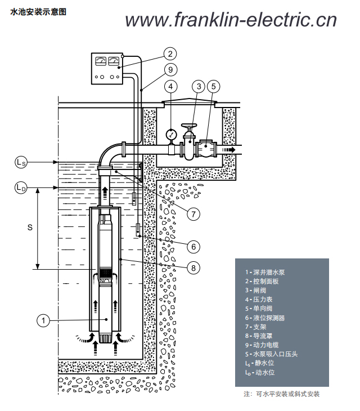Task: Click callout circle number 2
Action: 170,54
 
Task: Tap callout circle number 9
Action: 170,70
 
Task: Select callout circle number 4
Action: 170,87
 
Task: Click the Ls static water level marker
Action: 20,162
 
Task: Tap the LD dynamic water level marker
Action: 20,187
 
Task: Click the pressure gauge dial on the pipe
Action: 171,135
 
